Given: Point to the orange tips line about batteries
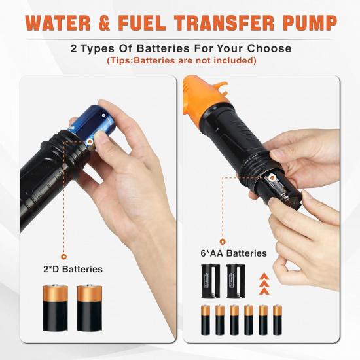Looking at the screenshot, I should pos(181,61).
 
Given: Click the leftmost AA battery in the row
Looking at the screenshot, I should pos(206,320).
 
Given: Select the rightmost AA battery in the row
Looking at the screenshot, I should pos(278,320).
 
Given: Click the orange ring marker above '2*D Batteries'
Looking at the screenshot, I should pos(64,256).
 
